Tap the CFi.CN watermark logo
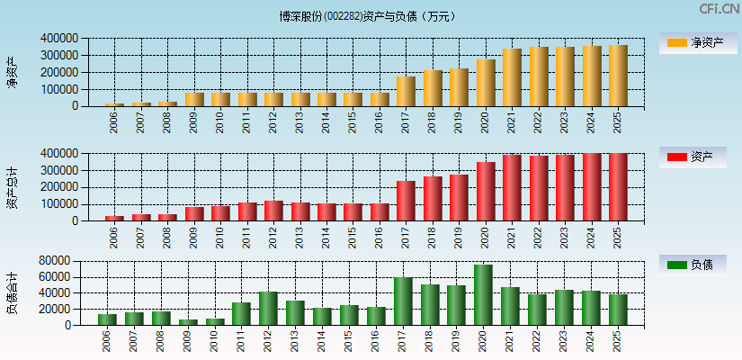719,9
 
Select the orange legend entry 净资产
693,42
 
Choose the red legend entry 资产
693,157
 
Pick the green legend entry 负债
693,265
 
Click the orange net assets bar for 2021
512,77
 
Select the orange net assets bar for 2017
406,91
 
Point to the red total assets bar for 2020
486,191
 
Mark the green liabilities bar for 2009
188,321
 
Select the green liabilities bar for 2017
403,301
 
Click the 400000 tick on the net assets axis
58,39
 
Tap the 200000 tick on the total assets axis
58,187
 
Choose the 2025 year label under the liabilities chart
618,340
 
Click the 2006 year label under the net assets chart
114,121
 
